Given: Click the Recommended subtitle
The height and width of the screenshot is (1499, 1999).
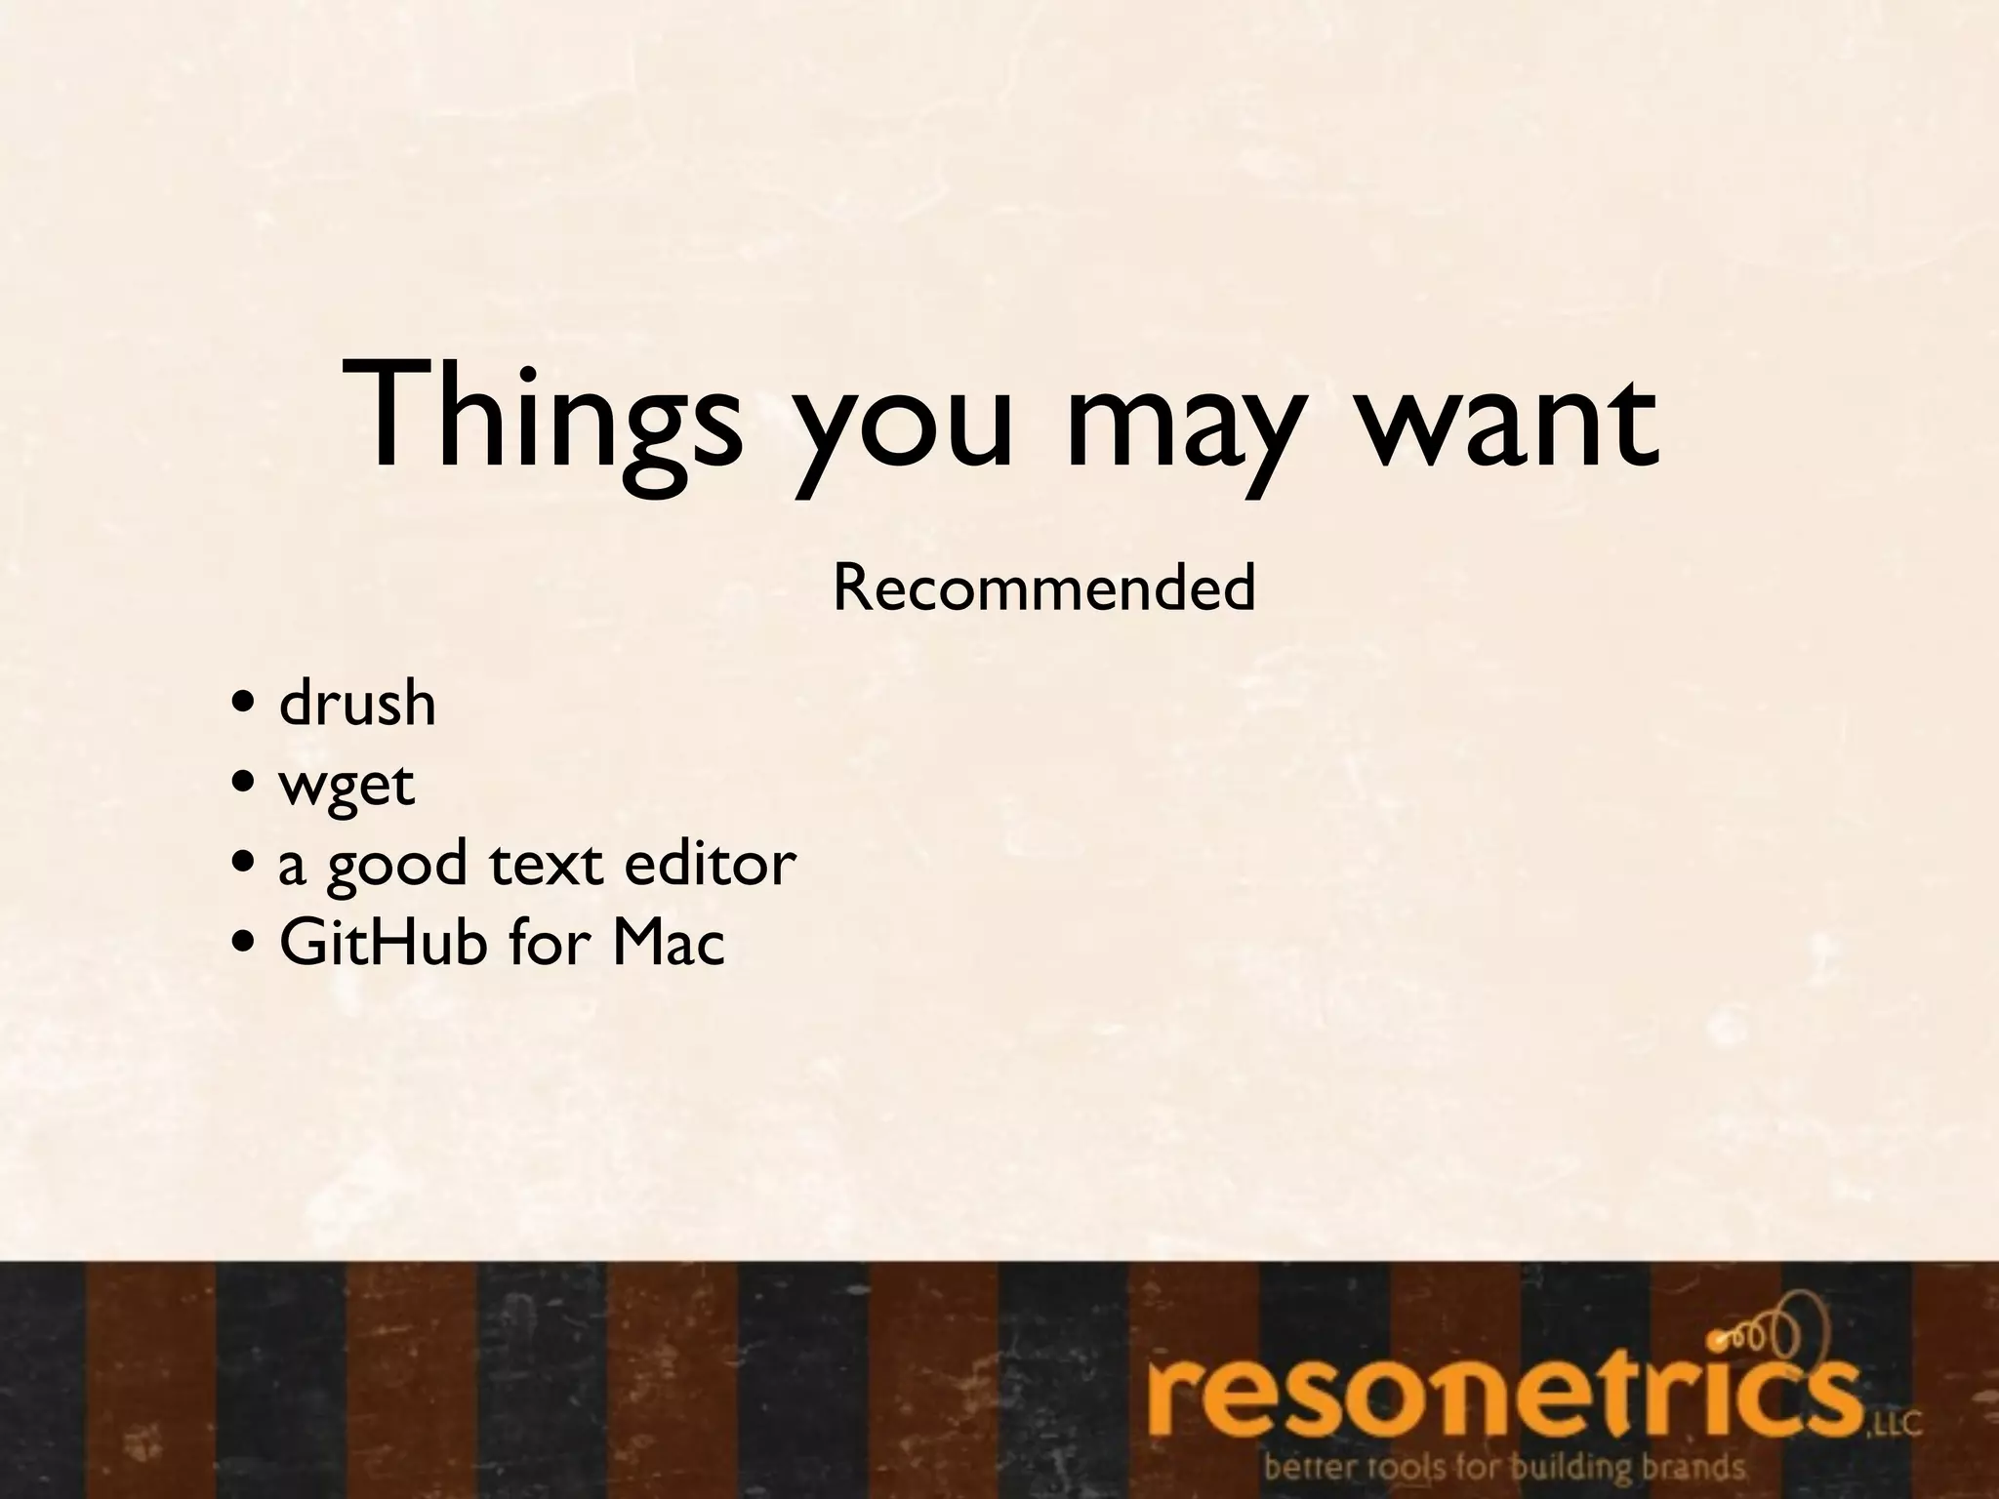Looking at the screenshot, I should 1043,588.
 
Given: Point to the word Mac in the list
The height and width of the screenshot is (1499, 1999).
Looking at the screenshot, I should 669,943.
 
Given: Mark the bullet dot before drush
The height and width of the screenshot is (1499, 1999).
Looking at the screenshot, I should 245,705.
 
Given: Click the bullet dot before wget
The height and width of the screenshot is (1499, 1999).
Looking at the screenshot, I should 245,785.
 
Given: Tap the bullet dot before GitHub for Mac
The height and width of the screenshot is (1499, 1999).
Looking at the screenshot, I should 245,945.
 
